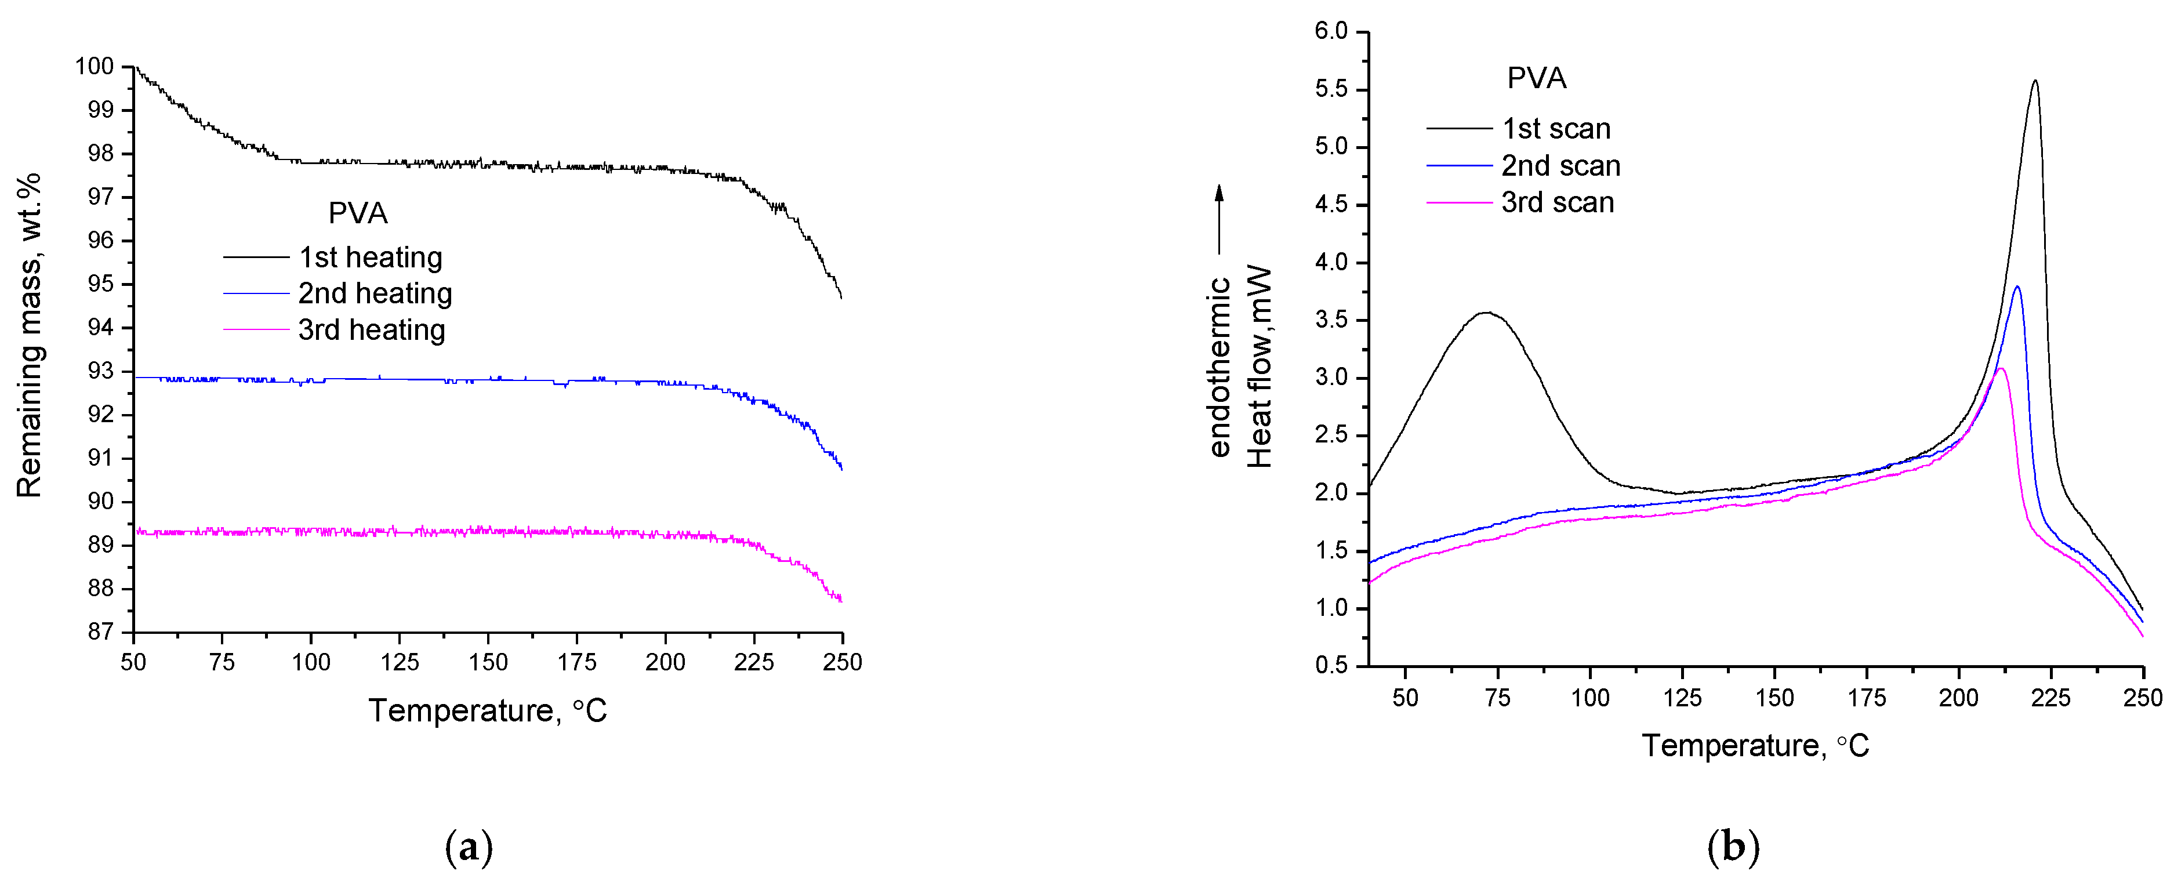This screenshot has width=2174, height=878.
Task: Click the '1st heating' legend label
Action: (x=371, y=257)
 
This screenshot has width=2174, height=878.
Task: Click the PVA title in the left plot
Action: (x=358, y=213)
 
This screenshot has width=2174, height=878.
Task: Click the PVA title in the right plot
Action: (x=1536, y=78)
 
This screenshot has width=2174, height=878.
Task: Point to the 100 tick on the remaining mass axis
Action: (x=94, y=67)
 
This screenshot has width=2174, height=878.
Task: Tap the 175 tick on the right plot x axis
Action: (x=1867, y=697)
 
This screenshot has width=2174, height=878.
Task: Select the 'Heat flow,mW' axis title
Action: (x=1259, y=367)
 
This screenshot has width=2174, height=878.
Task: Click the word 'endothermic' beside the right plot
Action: (x=1220, y=367)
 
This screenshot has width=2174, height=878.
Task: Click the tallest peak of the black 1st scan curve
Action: (x=2035, y=82)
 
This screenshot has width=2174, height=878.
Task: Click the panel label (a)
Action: (x=469, y=846)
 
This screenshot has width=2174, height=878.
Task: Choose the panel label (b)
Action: (x=1733, y=846)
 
